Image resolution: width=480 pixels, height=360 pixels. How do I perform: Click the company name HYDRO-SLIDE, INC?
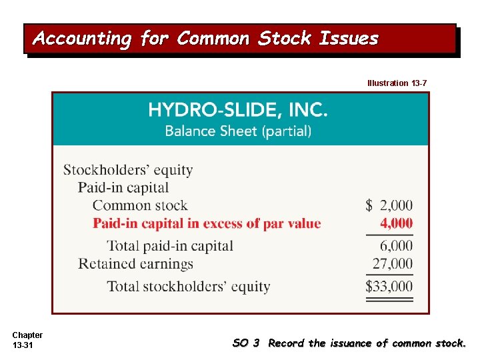pyautogui.click(x=238, y=109)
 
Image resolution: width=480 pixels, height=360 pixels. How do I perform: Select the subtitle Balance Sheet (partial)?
pyautogui.click(x=238, y=131)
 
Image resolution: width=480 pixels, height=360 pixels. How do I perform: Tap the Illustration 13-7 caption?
pyautogui.click(x=397, y=83)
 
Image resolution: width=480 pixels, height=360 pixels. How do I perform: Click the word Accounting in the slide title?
pyautogui.click(x=83, y=39)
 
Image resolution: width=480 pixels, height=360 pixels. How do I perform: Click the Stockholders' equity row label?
pyautogui.click(x=128, y=170)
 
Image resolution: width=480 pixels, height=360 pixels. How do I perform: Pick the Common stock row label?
pyautogui.click(x=140, y=205)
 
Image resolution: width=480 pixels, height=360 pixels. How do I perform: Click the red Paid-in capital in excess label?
pyautogui.click(x=207, y=223)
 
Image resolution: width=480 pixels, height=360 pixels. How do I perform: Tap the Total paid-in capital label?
pyautogui.click(x=170, y=246)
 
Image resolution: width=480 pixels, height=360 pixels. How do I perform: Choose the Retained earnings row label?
pyautogui.click(x=135, y=264)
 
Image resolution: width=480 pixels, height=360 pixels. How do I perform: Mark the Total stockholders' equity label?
pyautogui.click(x=189, y=287)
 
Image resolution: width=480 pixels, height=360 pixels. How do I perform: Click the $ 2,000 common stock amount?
pyautogui.click(x=389, y=205)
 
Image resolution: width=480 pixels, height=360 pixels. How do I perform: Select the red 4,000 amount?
pyautogui.click(x=397, y=223)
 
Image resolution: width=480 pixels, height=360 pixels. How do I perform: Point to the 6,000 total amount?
pyautogui.click(x=397, y=246)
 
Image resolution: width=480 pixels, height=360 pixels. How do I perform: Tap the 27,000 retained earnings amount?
pyautogui.click(x=393, y=264)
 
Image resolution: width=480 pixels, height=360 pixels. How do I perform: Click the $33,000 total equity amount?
pyautogui.click(x=389, y=287)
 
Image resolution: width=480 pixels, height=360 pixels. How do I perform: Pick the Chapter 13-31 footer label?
pyautogui.click(x=27, y=340)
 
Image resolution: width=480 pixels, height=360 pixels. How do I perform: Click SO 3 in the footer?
pyautogui.click(x=245, y=343)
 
